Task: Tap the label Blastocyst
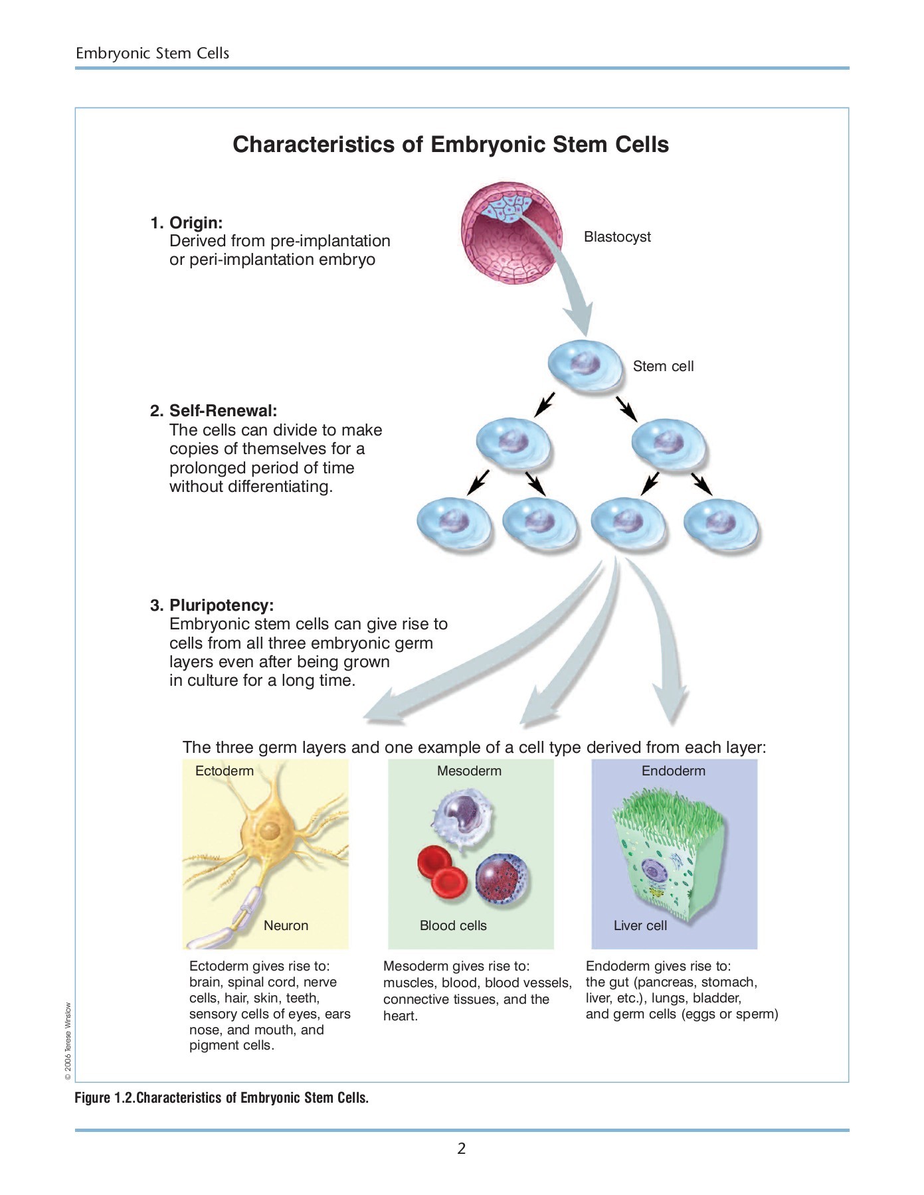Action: [617, 237]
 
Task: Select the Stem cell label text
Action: [663, 366]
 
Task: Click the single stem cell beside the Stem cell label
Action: [585, 366]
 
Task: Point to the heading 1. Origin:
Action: [187, 222]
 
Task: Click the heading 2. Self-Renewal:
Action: [214, 410]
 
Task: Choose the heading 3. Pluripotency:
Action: [212, 605]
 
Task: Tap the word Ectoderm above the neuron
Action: [225, 771]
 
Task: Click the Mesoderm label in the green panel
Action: [469, 771]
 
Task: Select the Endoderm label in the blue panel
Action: [673, 771]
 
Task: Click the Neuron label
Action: [286, 925]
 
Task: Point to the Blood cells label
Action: [453, 925]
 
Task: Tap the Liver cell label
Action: [640, 925]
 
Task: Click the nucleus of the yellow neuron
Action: [270, 831]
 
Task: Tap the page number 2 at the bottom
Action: [462, 1149]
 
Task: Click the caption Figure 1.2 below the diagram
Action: [221, 1098]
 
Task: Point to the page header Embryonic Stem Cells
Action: [152, 53]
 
